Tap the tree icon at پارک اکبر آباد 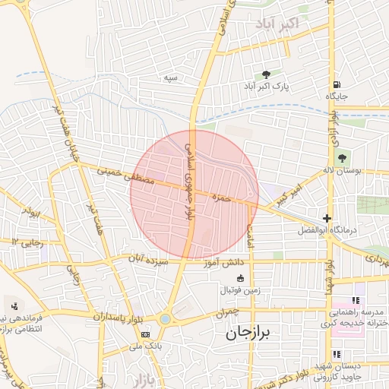coord(266,74)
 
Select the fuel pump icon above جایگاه coord(336,84)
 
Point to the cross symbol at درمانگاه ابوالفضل coord(327,218)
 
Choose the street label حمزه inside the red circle coord(221,198)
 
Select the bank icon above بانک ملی coord(145,334)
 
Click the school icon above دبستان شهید coord(337,354)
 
